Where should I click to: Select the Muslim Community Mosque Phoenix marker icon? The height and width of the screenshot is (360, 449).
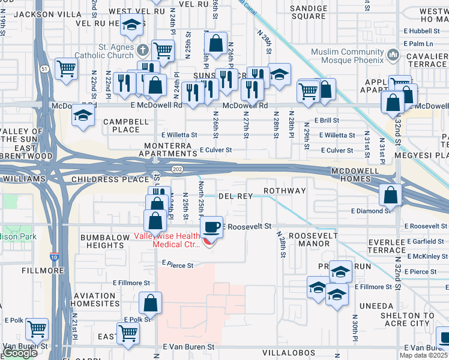(x=393, y=55)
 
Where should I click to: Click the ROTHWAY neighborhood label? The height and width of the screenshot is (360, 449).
(x=286, y=191)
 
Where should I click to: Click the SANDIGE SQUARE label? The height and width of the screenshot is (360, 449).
(x=308, y=12)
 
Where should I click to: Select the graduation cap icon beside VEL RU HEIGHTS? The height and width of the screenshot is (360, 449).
(x=131, y=26)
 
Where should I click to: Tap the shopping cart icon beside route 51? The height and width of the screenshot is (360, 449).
(x=66, y=68)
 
